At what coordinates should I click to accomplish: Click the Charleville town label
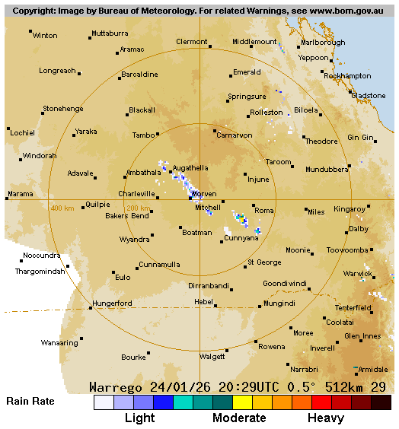coord(136,194)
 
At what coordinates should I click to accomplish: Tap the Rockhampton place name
coord(347,76)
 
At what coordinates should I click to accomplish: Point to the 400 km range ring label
coord(62,208)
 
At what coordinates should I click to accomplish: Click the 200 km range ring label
coord(138,208)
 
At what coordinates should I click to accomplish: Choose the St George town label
coord(264,262)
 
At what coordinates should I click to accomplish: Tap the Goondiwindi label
coord(285,283)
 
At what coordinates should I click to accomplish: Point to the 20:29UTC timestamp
coord(244,387)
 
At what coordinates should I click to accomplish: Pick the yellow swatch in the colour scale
coord(243,402)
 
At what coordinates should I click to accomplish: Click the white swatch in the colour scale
coord(104,402)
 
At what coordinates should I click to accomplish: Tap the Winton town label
coord(45,36)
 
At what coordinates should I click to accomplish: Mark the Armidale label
coord(373,370)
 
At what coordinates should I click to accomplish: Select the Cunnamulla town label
coord(159,265)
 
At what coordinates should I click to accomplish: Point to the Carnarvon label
coord(235,135)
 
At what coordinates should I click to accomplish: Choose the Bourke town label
coord(134,357)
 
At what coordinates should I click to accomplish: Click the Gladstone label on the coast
coord(369,95)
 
